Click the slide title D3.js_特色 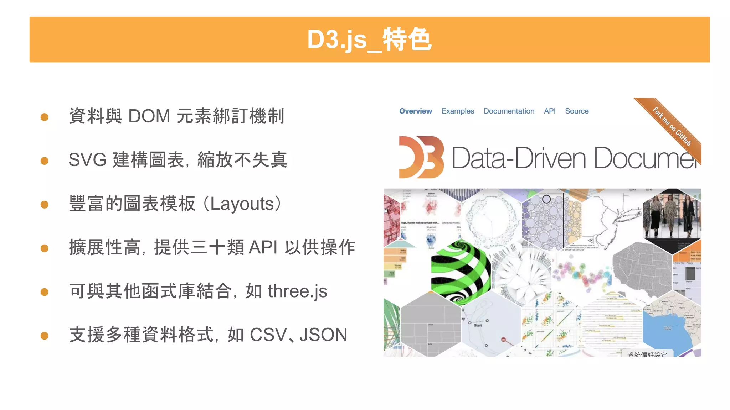point(369,40)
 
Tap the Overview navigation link point(415,111)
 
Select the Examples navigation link point(458,111)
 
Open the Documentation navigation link point(509,111)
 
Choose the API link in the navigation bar point(549,111)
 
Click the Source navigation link point(576,111)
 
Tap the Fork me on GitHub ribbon point(672,126)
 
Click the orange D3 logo point(421,157)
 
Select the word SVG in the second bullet point(87,160)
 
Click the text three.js point(297,291)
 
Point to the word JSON point(323,335)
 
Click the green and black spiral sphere point(460,272)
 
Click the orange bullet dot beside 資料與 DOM point(45,117)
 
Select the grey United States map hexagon point(642,269)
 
